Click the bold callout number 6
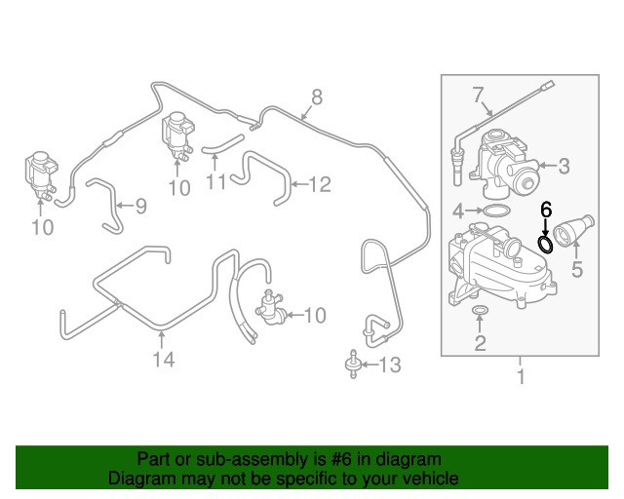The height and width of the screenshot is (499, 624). pos(546,210)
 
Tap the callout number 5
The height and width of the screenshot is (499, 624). pos(577,269)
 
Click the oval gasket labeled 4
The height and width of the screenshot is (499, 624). pos(496,211)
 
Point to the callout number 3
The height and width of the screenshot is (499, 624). pos(564,166)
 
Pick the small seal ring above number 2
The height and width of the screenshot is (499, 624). pos(480,310)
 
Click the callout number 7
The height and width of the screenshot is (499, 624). pos(478,96)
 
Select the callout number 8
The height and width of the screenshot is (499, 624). pos(316,97)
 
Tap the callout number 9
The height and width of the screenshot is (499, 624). pos(140,206)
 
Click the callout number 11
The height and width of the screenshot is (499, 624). pos(216,182)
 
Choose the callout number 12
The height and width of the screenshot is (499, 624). pos(320,184)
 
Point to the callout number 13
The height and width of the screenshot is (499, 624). pos(390,365)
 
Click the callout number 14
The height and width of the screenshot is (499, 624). pos(164,360)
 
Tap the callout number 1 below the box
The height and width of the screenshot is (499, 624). pos(521,376)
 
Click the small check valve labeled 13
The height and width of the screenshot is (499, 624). pos(353,365)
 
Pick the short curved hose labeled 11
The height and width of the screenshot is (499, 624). pos(222,145)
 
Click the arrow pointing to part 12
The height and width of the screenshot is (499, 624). pos(299,184)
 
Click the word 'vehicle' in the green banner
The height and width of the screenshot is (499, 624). pos(429,478)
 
